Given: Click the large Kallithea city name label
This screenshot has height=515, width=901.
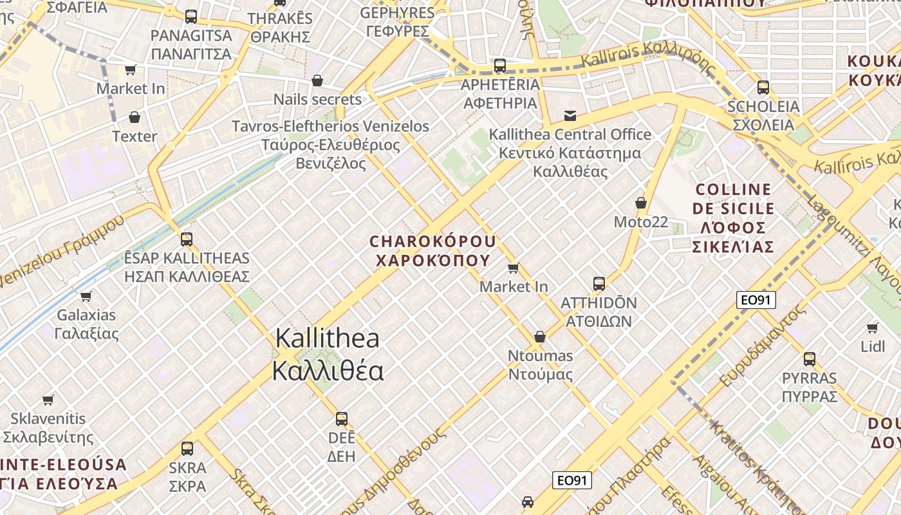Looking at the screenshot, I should [x=328, y=355].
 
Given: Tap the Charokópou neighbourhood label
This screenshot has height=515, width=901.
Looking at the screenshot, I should [x=433, y=250].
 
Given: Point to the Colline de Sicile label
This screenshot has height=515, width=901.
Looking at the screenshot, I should [x=733, y=218].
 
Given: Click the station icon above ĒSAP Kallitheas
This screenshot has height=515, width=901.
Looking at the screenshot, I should [x=187, y=239].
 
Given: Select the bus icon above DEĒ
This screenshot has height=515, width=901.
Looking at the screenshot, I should [x=342, y=419].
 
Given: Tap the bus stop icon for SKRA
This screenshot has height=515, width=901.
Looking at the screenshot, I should [x=187, y=449].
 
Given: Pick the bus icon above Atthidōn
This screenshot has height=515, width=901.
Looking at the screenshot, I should [x=599, y=283].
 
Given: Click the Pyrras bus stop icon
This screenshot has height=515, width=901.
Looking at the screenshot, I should [x=810, y=359].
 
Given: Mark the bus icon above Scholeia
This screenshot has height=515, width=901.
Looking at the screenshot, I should [x=763, y=88].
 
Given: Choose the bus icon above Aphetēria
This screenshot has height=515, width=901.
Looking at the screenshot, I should [x=500, y=66].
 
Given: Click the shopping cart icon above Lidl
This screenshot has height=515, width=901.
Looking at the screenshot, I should [x=873, y=328].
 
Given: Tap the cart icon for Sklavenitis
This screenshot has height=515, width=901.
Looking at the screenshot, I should [x=48, y=400].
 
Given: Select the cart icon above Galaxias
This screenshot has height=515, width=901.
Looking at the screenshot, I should [x=86, y=296].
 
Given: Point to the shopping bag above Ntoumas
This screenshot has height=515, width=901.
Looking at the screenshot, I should [x=540, y=337].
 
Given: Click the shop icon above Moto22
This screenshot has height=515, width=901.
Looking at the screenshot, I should [x=641, y=203].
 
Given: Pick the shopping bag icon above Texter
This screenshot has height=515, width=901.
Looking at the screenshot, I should [x=135, y=117].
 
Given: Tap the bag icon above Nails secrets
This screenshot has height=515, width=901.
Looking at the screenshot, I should [x=317, y=80].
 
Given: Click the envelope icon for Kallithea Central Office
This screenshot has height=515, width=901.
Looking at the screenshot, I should [x=570, y=116].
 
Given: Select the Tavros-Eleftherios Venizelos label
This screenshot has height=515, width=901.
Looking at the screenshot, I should [x=330, y=144].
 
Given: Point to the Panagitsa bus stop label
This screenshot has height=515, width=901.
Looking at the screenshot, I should [x=190, y=44].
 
